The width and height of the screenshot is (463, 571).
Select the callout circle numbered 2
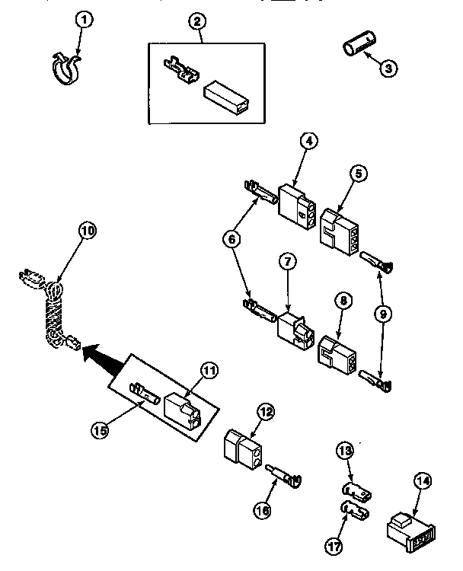point(198,21)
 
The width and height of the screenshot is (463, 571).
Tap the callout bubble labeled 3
point(388,67)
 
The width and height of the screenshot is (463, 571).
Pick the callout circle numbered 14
point(423,482)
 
